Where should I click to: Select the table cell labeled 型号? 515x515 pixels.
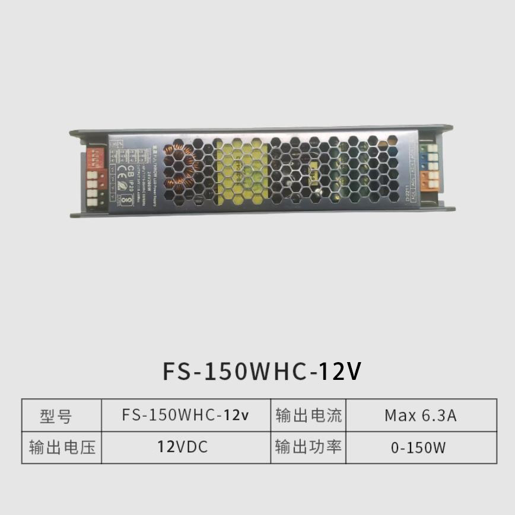click(56, 416)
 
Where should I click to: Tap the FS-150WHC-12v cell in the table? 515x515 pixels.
click(186, 415)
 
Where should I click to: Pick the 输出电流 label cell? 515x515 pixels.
click(309, 415)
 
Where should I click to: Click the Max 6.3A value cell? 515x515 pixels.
click(420, 415)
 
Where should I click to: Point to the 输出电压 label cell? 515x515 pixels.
click(62, 447)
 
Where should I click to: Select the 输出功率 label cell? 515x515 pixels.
click(309, 447)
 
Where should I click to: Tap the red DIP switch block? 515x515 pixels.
click(95, 157)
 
